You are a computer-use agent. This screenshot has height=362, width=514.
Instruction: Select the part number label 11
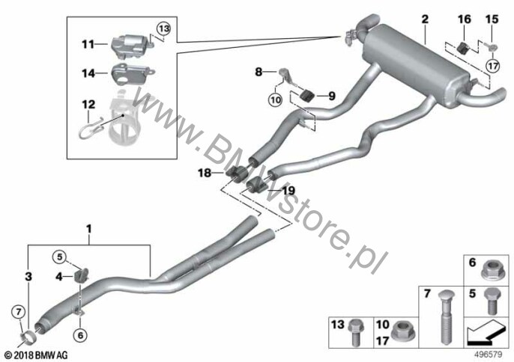click(x=88, y=44)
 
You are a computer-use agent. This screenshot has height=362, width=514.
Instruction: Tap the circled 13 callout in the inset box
click(x=163, y=29)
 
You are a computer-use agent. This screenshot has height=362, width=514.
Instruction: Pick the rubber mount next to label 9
click(x=307, y=96)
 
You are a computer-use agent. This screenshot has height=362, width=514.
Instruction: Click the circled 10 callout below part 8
click(x=276, y=99)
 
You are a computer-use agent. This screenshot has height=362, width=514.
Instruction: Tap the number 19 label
click(x=288, y=191)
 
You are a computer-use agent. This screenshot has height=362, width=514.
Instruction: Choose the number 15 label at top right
click(x=492, y=19)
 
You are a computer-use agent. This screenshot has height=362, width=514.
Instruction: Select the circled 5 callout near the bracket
click(x=59, y=257)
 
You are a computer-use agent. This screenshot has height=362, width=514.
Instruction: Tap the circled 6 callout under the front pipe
click(x=81, y=334)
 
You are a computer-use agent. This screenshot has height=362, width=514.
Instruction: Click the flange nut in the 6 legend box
click(x=489, y=271)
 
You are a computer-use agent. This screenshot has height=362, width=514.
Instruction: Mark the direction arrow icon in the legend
click(x=485, y=334)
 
